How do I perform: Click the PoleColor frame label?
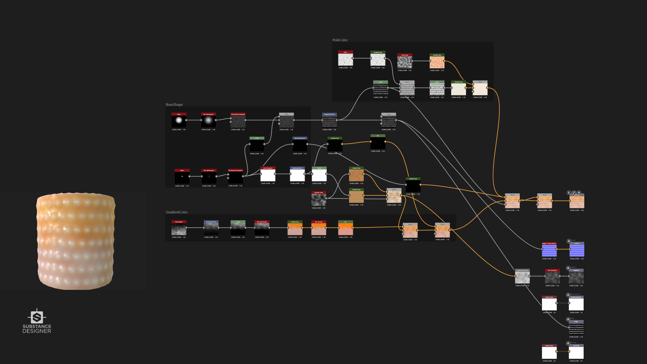tap(340, 40)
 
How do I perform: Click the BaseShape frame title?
tap(174, 105)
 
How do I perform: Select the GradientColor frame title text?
tap(177, 212)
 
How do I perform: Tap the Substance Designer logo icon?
tap(37, 317)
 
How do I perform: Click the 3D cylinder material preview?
tap(76, 241)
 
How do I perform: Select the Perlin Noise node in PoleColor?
tap(405, 62)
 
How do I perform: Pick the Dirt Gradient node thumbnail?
tap(179, 229)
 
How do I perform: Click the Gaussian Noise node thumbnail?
tap(319, 200)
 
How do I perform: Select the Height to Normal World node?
tap(549, 250)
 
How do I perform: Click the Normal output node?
tap(577, 250)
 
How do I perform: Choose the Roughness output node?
tap(576, 277)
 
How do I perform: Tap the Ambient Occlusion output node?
tap(576, 304)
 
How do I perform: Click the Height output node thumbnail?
tap(576, 329)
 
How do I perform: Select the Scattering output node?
tap(576, 353)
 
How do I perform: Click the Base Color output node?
tap(577, 202)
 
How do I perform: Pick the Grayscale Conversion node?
tap(522, 277)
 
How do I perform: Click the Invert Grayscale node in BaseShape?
tap(268, 175)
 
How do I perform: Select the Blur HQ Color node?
tap(319, 229)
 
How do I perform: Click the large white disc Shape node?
tap(179, 121)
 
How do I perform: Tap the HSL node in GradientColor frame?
tap(346, 229)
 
